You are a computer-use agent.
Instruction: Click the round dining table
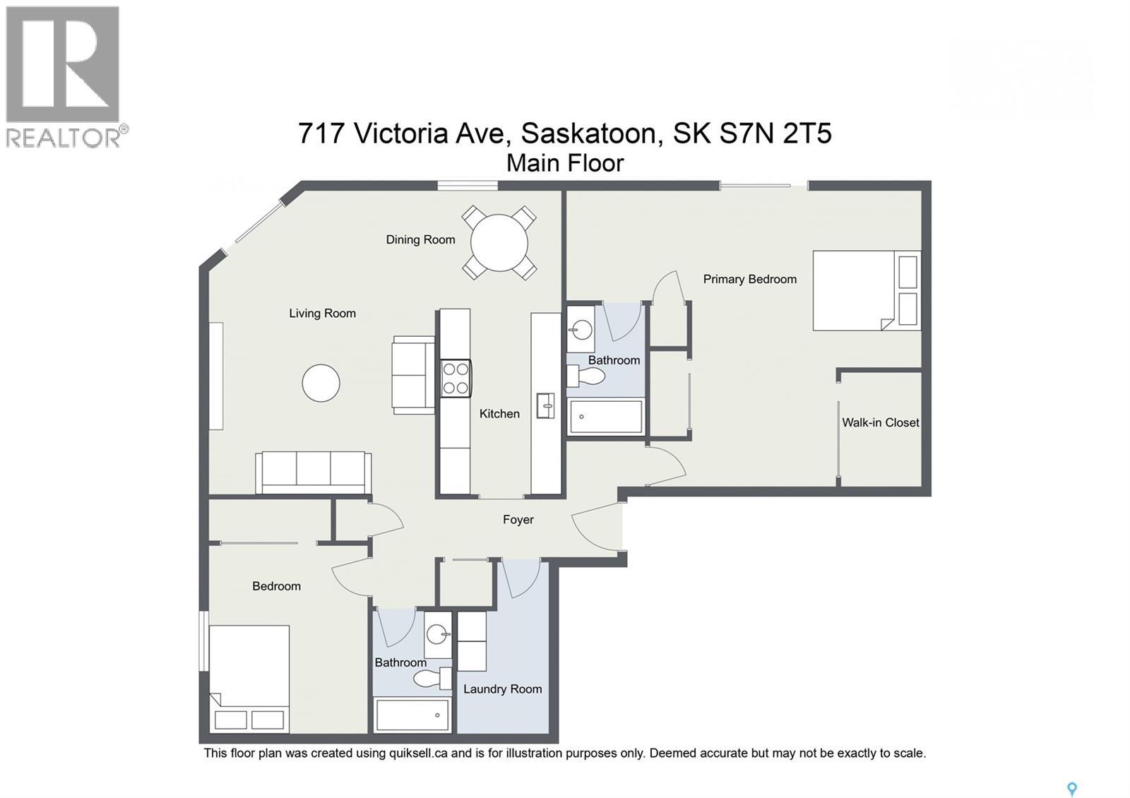pyautogui.click(x=499, y=243)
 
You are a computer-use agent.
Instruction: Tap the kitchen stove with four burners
pyautogui.click(x=456, y=378)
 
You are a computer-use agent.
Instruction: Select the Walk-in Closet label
pyautogui.click(x=880, y=422)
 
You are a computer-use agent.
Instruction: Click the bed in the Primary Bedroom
pyautogui.click(x=867, y=290)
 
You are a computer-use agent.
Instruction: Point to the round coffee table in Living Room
pyautogui.click(x=321, y=383)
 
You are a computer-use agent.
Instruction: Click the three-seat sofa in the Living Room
pyautogui.click(x=313, y=472)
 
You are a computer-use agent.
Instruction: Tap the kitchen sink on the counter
pyautogui.click(x=545, y=405)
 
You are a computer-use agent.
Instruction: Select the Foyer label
pyautogui.click(x=518, y=520)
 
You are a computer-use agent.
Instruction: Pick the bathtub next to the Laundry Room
pyautogui.click(x=412, y=715)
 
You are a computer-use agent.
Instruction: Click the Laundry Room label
pyautogui.click(x=502, y=689)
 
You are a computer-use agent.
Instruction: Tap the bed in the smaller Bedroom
pyautogui.click(x=249, y=678)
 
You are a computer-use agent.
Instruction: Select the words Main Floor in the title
pyautogui.click(x=565, y=163)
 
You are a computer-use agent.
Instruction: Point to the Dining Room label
pyautogui.click(x=420, y=240)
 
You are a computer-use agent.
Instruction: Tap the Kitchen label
pyautogui.click(x=499, y=414)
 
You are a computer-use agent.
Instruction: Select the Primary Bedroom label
pyautogui.click(x=749, y=279)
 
